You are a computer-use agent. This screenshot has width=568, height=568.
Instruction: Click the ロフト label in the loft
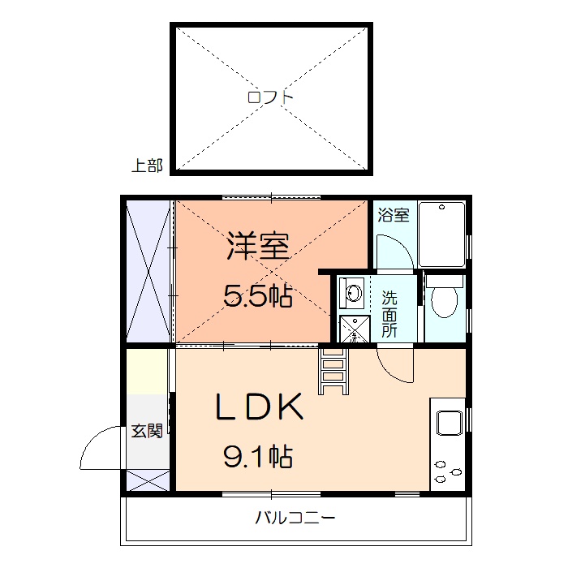pyautogui.click(x=271, y=97)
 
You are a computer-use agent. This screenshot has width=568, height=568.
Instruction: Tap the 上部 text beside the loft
pyautogui.click(x=147, y=166)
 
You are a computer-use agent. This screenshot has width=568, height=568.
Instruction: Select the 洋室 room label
pyautogui.click(x=257, y=246)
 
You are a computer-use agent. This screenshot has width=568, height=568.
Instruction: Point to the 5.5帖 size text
pyautogui.click(x=257, y=296)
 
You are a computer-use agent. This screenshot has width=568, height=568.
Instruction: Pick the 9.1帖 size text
pyautogui.click(x=257, y=458)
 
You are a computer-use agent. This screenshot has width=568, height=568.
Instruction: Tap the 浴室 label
pyautogui.click(x=394, y=215)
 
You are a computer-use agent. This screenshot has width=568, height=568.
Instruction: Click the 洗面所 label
pyautogui.click(x=389, y=313)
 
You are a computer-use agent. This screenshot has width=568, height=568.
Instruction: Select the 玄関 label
pyautogui.click(x=146, y=431)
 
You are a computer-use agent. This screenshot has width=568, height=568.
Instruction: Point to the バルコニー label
pyautogui.click(x=295, y=518)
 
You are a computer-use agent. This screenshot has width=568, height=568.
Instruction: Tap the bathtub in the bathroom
pyautogui.click(x=442, y=233)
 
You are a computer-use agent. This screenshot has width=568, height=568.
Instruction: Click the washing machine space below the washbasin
pyautogui.click(x=353, y=328)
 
